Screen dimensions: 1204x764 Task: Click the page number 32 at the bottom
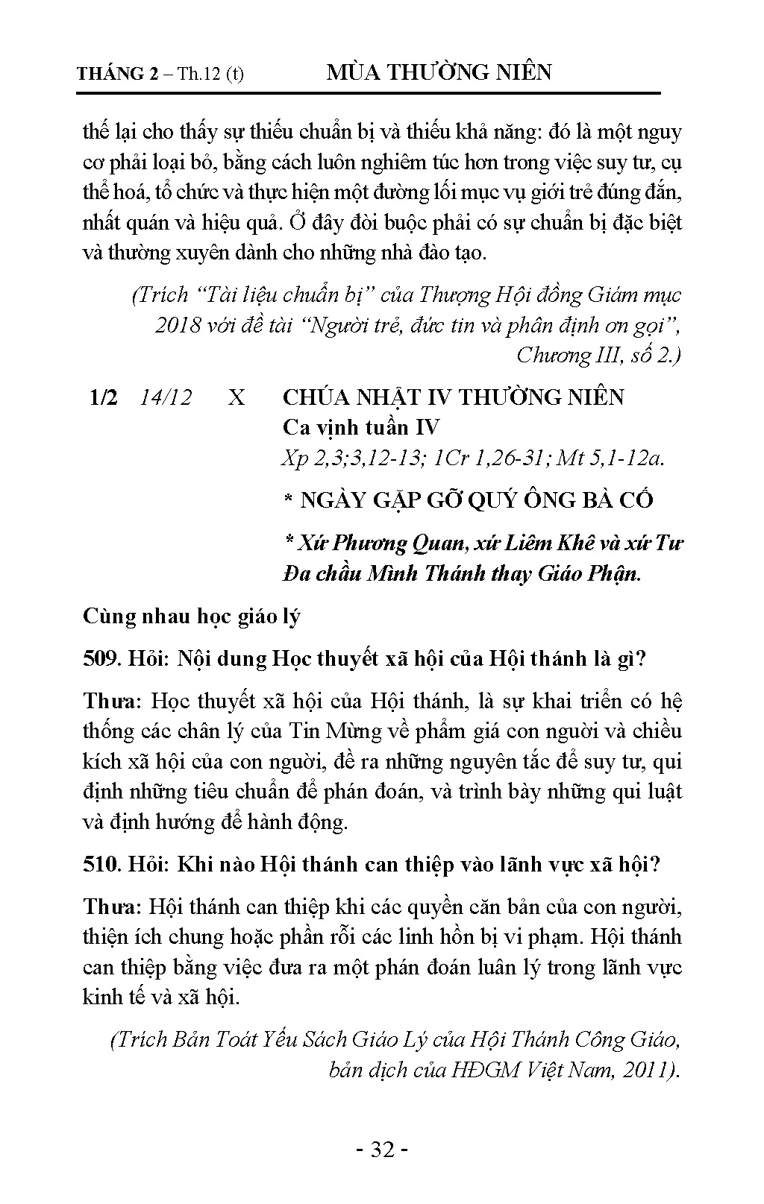click(x=381, y=1150)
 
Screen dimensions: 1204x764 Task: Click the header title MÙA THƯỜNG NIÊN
click(x=439, y=72)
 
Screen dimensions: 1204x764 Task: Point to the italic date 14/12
click(x=166, y=397)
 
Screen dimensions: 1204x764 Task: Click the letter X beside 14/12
click(x=236, y=397)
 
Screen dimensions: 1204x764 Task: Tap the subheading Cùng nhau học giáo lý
click(x=191, y=617)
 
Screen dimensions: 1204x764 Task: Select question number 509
click(x=102, y=659)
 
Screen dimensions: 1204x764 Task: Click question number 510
click(x=102, y=864)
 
